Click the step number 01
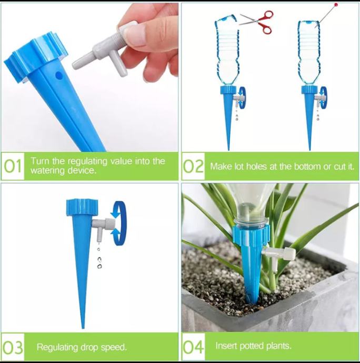(13, 166)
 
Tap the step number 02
(193, 166)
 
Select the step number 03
(13, 347)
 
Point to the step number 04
(193, 347)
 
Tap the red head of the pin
(336, 5)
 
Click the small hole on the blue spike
(59, 75)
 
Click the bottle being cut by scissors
(227, 51)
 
